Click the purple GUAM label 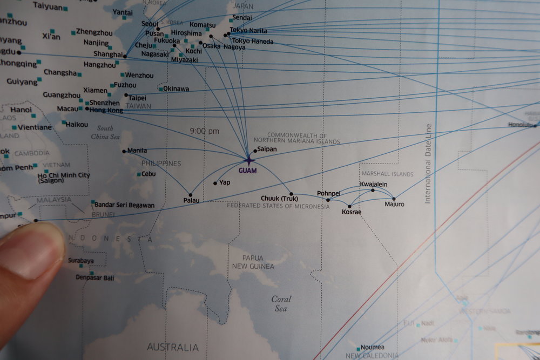(247, 171)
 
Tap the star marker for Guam (248, 160)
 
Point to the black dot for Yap (215, 184)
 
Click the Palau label (191, 201)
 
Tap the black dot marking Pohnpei (328, 200)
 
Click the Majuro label (394, 205)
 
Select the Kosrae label (352, 212)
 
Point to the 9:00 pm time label (205, 131)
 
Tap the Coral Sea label (281, 303)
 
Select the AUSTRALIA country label (173, 347)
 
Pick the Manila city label (137, 151)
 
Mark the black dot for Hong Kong (87, 108)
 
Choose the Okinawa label (176, 89)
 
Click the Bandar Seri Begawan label (124, 205)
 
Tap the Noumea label (373, 347)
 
